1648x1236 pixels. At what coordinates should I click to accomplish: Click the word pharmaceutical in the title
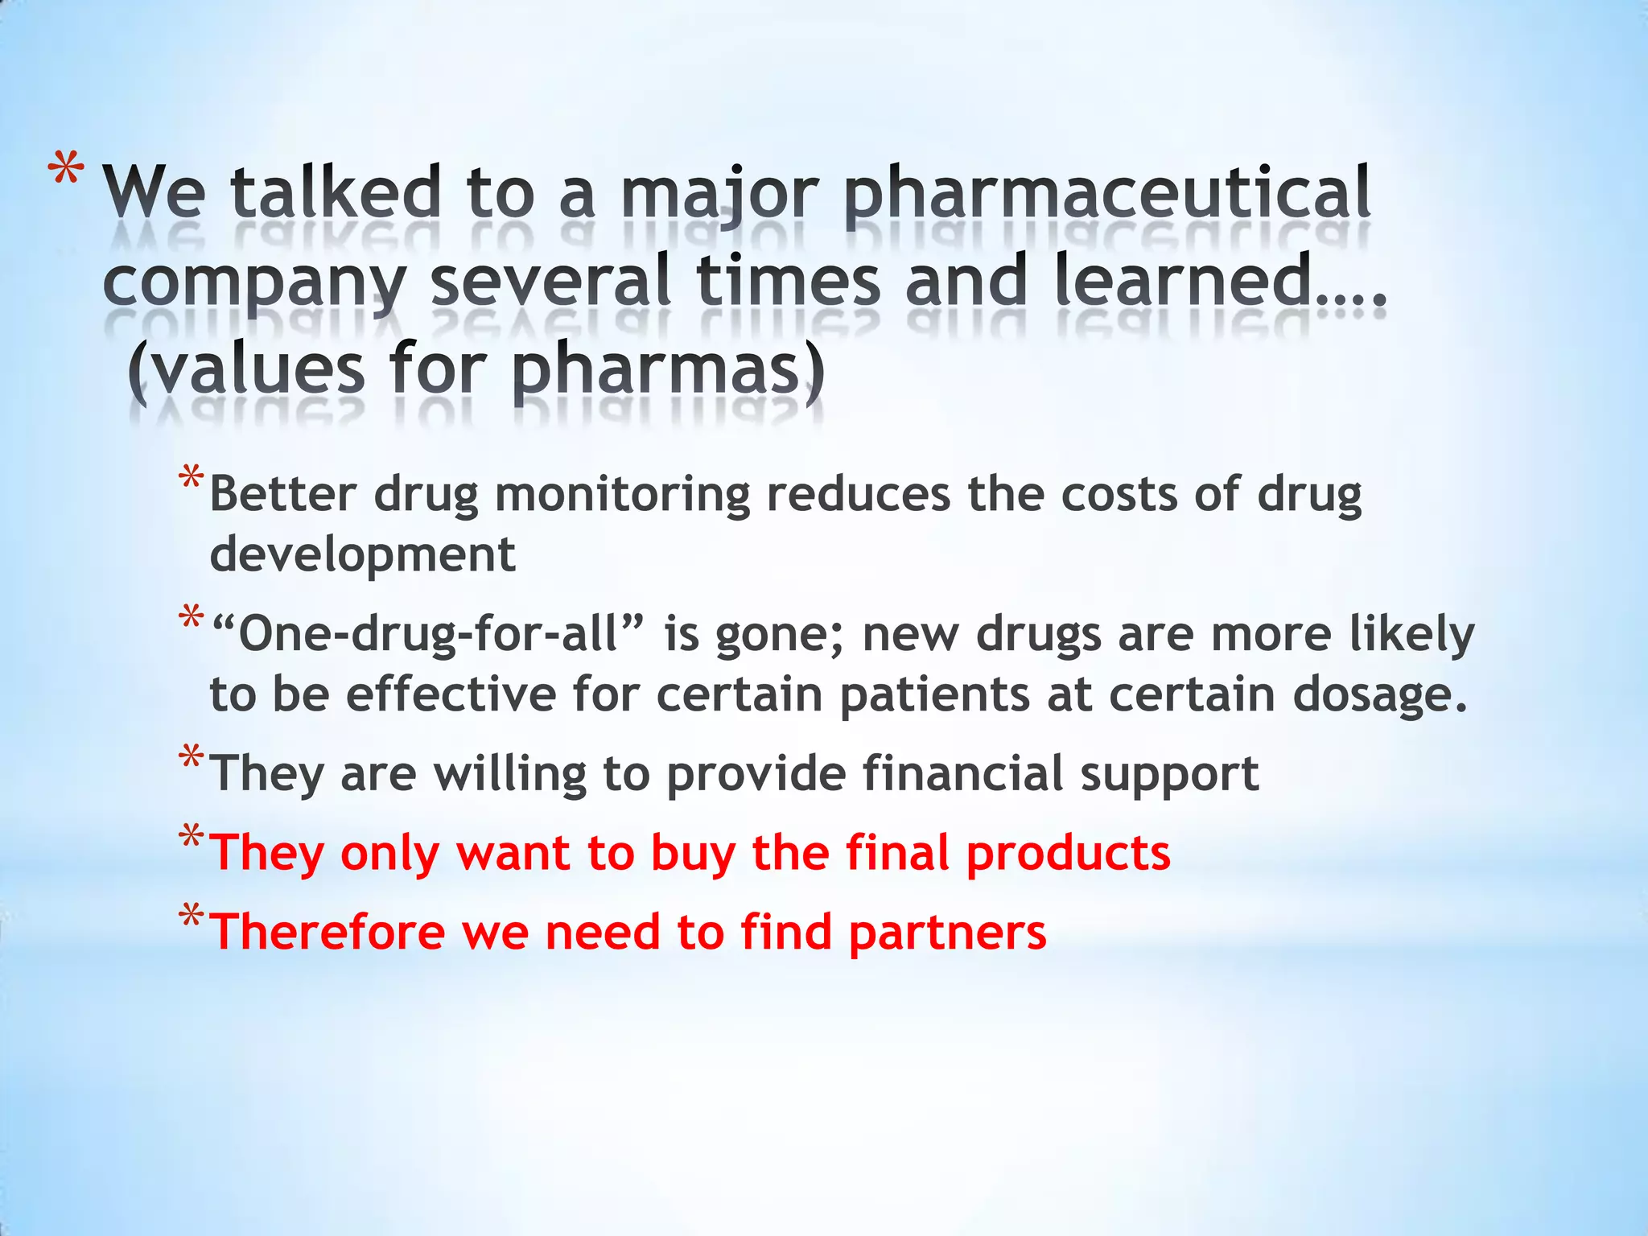click(1108, 193)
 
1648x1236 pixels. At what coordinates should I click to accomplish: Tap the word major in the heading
click(720, 193)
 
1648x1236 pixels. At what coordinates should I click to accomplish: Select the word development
click(362, 554)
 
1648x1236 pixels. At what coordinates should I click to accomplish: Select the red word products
click(1068, 852)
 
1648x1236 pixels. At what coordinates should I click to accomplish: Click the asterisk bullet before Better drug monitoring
click(192, 480)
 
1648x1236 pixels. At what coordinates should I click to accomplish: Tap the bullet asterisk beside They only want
click(192, 838)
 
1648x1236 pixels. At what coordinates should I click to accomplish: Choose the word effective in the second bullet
click(451, 694)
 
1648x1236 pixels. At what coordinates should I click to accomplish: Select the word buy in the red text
click(693, 852)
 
